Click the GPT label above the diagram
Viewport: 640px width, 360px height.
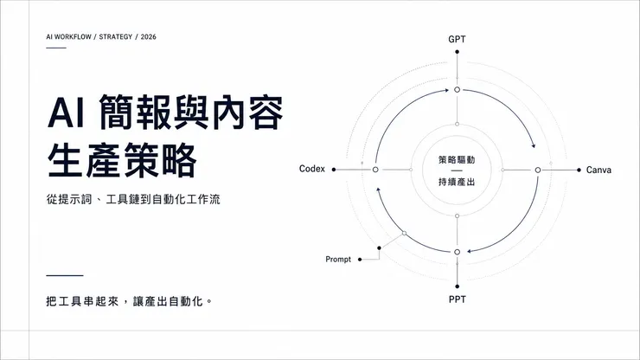point(457,39)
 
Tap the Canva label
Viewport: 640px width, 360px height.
point(598,170)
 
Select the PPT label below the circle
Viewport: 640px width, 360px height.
point(458,299)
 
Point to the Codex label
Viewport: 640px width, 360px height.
point(312,169)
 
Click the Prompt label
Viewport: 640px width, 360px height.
point(338,260)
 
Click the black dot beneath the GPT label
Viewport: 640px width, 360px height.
point(458,52)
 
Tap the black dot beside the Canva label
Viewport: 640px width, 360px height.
point(579,170)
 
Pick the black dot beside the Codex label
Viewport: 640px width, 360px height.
point(334,170)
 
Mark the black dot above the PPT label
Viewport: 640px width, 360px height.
point(458,286)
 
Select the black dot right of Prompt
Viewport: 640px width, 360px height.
point(360,260)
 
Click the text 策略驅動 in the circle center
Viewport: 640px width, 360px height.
point(457,160)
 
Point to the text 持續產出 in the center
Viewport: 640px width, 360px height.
point(457,182)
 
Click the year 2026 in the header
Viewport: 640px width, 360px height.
point(148,36)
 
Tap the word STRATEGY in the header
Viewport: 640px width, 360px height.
point(116,36)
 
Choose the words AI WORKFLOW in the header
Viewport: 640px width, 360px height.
point(68,36)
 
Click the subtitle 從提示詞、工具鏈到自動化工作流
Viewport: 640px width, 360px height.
point(133,199)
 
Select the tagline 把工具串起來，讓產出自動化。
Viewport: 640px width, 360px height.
point(129,301)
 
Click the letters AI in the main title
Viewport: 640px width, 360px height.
point(66,112)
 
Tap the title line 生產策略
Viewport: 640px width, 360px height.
point(122,160)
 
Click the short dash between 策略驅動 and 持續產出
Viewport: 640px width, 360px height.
point(457,170)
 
